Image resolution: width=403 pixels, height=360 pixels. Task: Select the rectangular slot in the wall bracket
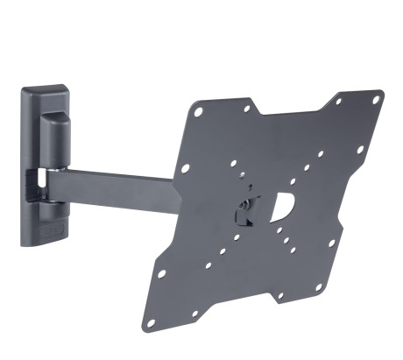point(38,183)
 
